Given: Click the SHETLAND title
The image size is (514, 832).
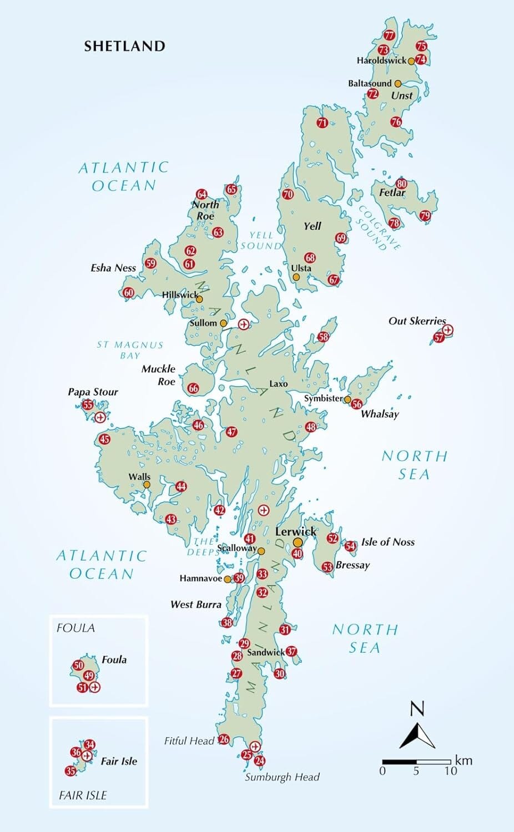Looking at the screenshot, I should [124, 46].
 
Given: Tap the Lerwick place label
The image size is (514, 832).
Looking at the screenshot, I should [296, 531].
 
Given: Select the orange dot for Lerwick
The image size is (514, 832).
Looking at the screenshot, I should [298, 542].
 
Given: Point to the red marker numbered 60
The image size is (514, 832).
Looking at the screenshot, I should [129, 293].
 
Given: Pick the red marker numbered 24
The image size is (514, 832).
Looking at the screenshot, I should [259, 761].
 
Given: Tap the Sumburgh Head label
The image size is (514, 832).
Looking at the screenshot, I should [282, 777].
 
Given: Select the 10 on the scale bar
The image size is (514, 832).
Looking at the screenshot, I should [450, 771].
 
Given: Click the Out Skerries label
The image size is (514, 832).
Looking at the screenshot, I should [417, 321].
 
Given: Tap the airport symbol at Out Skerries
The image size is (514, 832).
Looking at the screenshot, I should [448, 330].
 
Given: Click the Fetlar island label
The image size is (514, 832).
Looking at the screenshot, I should [392, 192].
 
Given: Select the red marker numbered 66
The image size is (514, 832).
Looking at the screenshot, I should [193, 388].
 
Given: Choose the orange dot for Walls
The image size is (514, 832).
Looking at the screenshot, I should [147, 485].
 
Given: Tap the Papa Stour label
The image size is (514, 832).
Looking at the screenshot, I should [93, 392].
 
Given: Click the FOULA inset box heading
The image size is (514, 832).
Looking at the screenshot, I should [75, 628].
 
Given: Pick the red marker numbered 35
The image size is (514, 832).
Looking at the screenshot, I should [70, 771].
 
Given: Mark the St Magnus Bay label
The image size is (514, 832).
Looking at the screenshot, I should [130, 350].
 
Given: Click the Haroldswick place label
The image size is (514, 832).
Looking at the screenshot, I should [381, 60].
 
